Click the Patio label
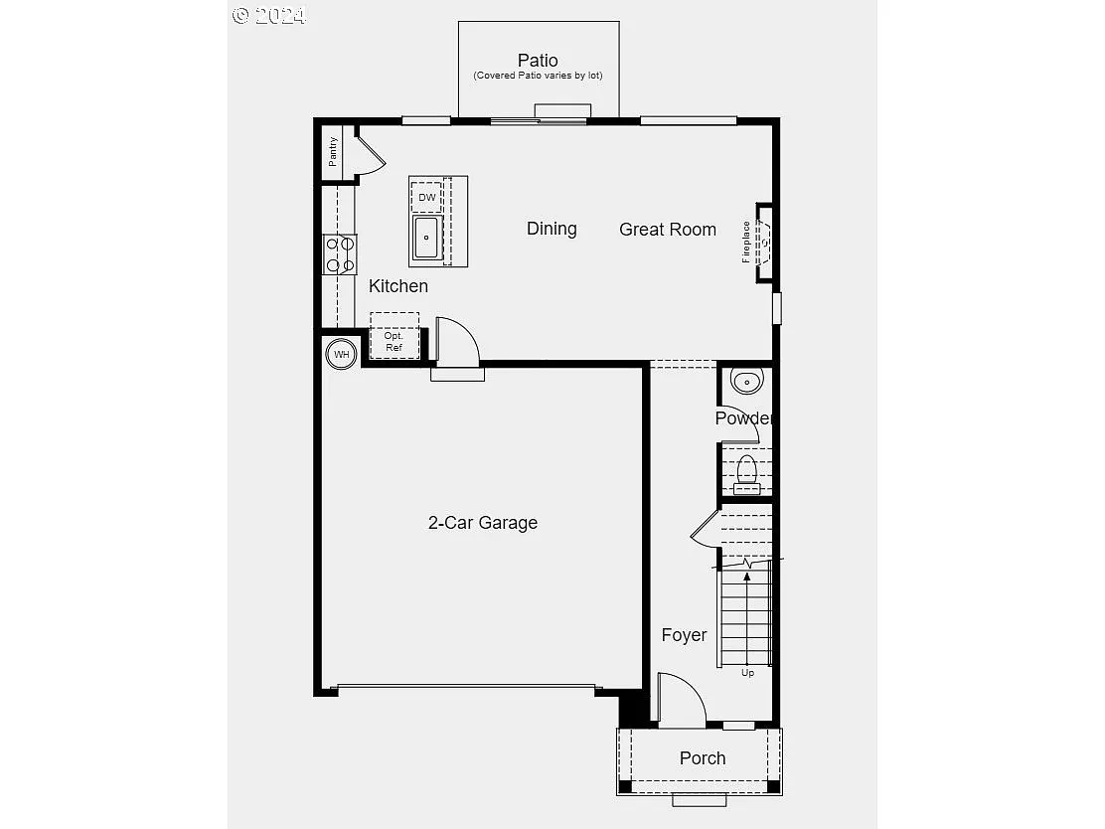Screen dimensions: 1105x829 pyautogui.click(x=538, y=61)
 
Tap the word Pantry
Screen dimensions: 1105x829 pyautogui.click(x=333, y=151)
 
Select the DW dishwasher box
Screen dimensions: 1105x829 pyautogui.click(x=427, y=198)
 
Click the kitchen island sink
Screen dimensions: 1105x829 pyautogui.click(x=426, y=238)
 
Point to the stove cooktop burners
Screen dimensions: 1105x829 pyautogui.click(x=340, y=254)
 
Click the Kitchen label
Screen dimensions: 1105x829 pyautogui.click(x=398, y=286)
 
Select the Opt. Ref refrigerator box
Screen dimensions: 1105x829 pyautogui.click(x=395, y=336)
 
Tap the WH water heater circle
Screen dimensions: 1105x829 pyautogui.click(x=341, y=354)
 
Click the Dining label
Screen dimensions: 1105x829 pyautogui.click(x=552, y=229)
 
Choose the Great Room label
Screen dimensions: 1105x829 pyautogui.click(x=668, y=229)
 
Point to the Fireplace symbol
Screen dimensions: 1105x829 pyautogui.click(x=764, y=243)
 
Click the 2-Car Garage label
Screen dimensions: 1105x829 pyautogui.click(x=483, y=523)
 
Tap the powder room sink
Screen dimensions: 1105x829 pyautogui.click(x=746, y=382)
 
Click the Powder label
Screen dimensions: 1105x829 pyautogui.click(x=744, y=418)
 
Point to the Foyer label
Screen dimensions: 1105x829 pyautogui.click(x=684, y=635)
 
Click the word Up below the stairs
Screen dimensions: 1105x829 pyautogui.click(x=747, y=673)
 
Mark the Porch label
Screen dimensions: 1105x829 pyautogui.click(x=703, y=758)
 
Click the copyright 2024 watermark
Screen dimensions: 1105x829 pyautogui.click(x=269, y=16)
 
